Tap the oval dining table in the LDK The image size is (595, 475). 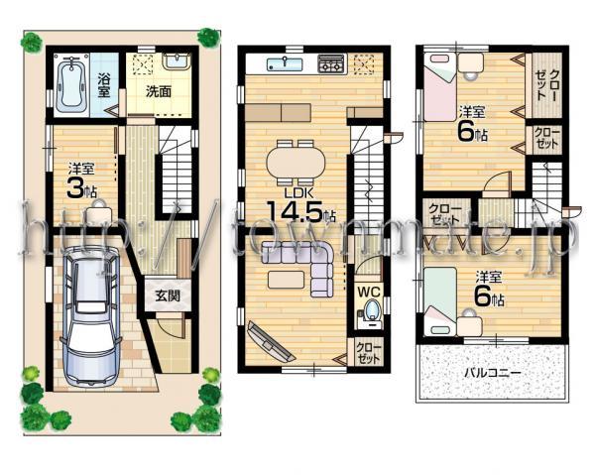coord(295,159)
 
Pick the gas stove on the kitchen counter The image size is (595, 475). coord(330,64)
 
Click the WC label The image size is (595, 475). coord(369,292)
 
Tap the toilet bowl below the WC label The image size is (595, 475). coord(371,315)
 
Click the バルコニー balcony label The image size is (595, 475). coord(493,373)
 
